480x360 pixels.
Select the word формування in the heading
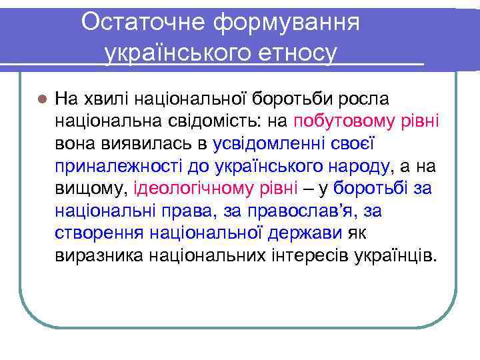(x=287, y=22)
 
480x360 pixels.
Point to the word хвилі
(x=105, y=99)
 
